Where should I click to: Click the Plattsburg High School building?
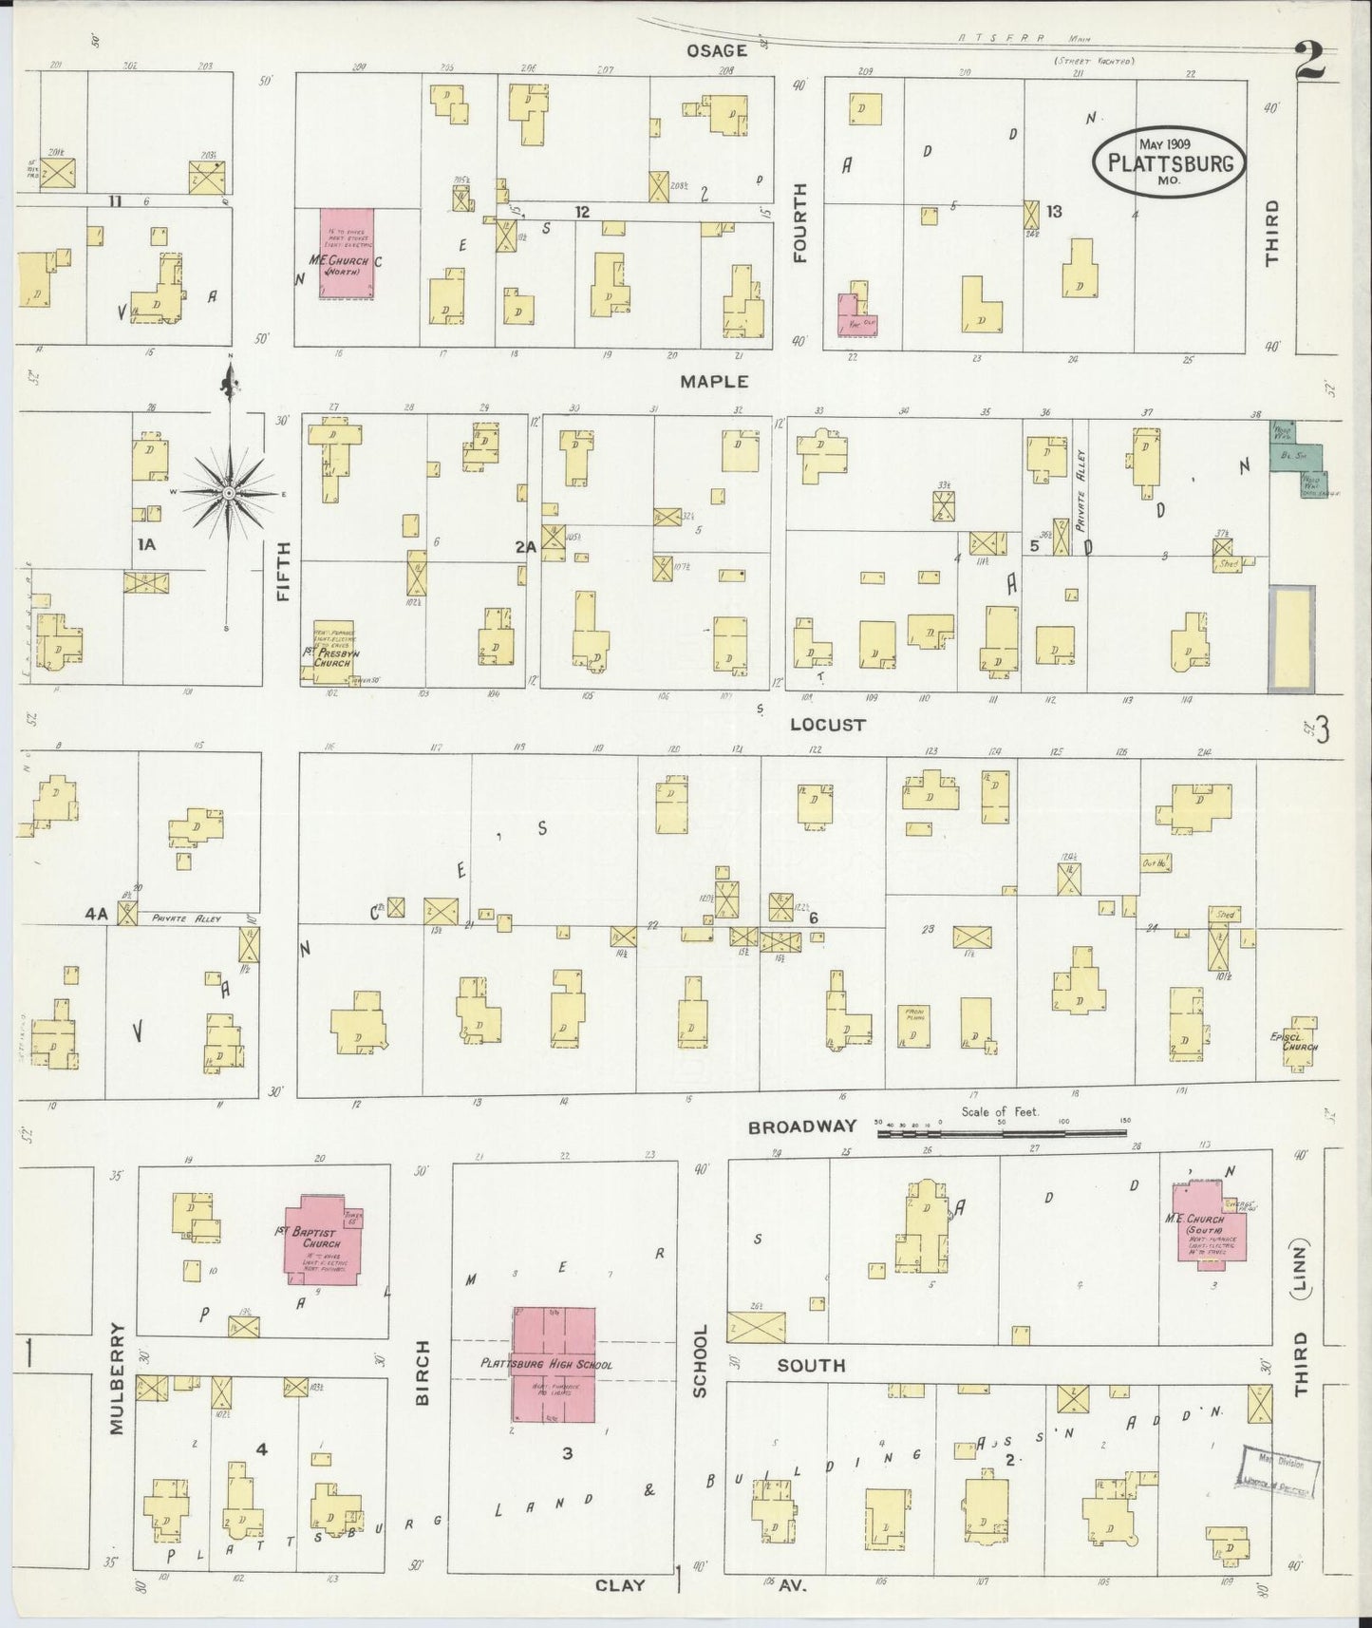(x=554, y=1364)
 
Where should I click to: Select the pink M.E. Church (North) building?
(x=346, y=255)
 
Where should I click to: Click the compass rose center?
(x=229, y=494)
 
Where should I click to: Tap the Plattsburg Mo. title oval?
(x=1168, y=161)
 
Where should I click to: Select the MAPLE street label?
(x=714, y=382)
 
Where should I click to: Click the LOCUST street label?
(x=827, y=725)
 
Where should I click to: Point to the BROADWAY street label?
(x=801, y=1127)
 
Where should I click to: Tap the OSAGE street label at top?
(x=717, y=50)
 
